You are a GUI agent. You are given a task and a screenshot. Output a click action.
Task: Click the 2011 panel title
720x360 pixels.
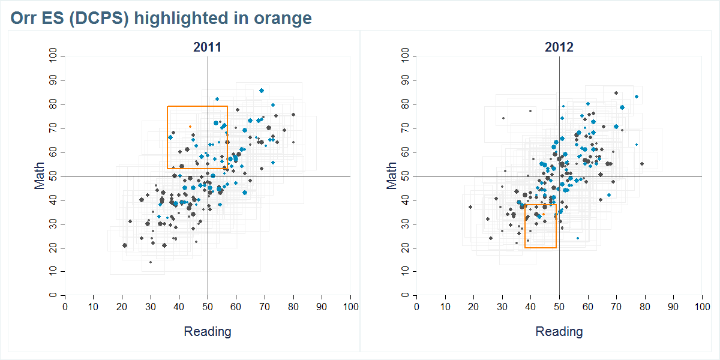click(207, 47)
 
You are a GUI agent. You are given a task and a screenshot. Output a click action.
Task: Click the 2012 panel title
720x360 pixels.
click(559, 47)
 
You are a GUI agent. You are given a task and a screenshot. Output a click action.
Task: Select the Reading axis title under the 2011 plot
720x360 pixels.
click(207, 331)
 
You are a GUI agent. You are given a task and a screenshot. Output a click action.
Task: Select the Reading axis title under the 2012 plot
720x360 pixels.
click(559, 331)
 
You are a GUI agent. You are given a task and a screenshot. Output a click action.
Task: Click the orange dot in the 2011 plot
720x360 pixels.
click(190, 127)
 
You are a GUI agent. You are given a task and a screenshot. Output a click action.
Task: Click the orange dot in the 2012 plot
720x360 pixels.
click(544, 214)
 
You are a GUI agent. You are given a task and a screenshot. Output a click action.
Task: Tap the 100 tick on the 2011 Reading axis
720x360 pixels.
click(350, 307)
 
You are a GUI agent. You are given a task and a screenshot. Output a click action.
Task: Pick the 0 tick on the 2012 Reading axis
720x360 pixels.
click(416, 307)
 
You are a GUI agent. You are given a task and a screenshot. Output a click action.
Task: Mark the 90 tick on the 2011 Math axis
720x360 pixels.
click(53, 80)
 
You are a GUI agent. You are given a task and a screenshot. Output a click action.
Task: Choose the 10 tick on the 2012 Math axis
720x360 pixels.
click(405, 272)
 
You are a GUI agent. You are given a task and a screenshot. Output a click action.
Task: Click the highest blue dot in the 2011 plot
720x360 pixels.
click(262, 91)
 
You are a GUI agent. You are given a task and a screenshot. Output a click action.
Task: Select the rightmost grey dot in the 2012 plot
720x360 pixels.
click(642, 164)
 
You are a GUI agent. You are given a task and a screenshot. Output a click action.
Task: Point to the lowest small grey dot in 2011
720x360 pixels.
click(151, 262)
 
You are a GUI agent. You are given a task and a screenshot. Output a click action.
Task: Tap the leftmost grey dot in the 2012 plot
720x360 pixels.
click(470, 207)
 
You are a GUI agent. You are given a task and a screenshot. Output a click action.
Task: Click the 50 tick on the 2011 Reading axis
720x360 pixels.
click(208, 307)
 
